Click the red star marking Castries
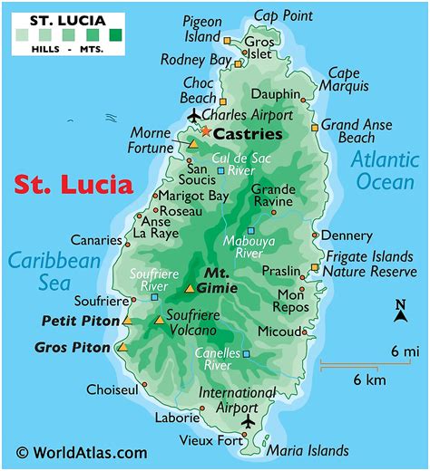point(205,132)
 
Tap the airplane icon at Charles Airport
point(193,115)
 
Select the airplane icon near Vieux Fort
point(249,422)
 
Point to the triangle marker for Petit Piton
point(128,321)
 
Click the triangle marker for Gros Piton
point(122,347)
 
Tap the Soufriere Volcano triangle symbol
point(160,320)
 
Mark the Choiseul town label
point(112,389)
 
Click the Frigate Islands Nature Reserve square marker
point(315,267)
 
